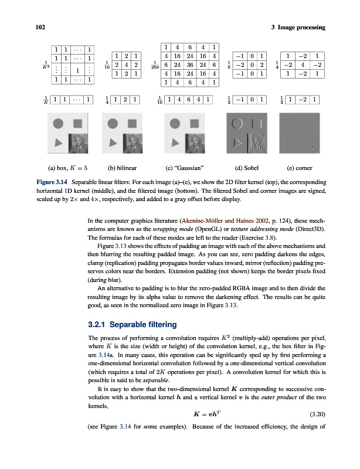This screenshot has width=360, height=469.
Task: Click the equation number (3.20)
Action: [x=315, y=414]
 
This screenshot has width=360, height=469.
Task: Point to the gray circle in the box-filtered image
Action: [x=58, y=124]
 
